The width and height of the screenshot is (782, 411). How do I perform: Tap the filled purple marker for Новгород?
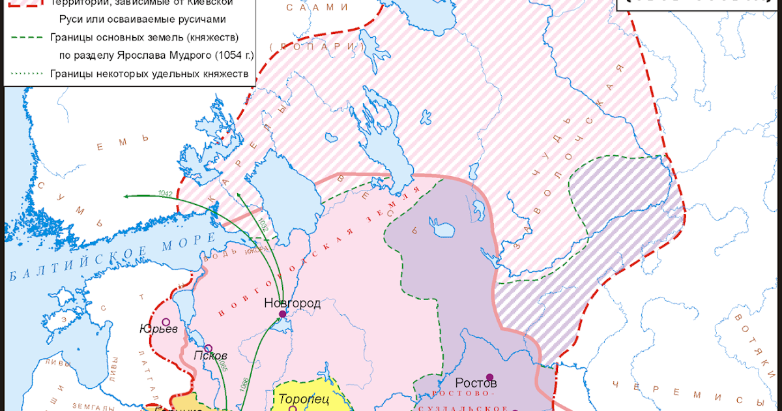[282, 314]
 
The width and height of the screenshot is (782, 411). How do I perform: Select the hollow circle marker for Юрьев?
[166, 322]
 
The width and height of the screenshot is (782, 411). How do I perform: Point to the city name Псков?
[210, 356]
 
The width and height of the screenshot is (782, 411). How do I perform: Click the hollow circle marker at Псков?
[208, 348]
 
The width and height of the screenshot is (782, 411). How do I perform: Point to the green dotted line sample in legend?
[26, 74]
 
